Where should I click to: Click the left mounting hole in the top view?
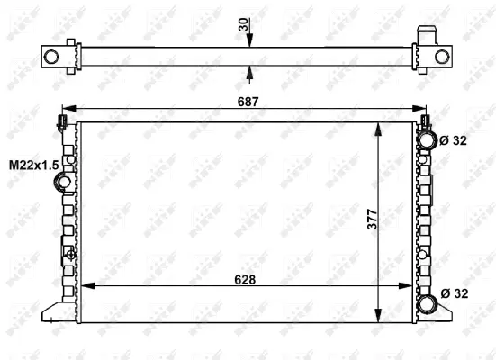point(52,57)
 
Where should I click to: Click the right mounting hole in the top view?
point(441,57)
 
